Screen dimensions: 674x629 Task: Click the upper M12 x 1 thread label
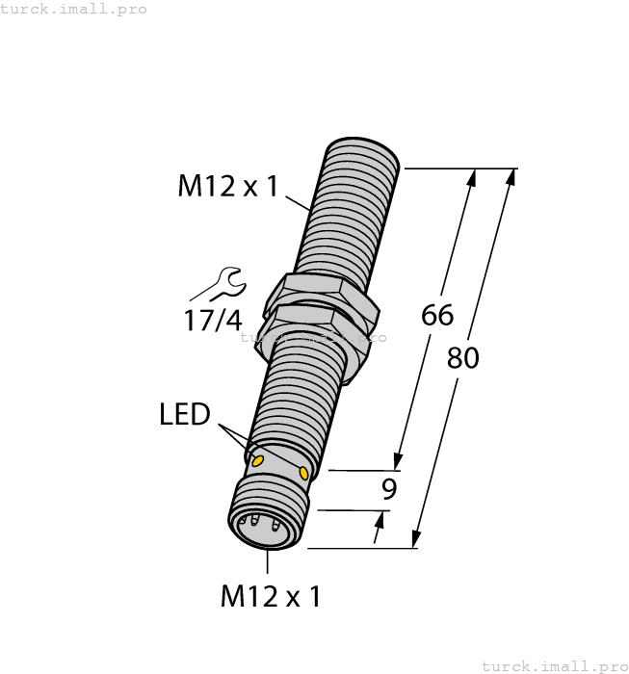click(x=226, y=185)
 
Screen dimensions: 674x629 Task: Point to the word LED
click(x=184, y=415)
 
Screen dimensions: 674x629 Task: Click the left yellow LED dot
click(x=257, y=462)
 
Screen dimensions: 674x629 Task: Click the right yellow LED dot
click(x=304, y=473)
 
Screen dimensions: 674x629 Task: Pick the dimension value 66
click(x=438, y=315)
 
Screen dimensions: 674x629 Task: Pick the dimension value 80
click(x=463, y=358)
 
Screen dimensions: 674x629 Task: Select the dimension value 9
click(x=389, y=489)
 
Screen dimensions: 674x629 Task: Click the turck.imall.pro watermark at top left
click(x=74, y=9)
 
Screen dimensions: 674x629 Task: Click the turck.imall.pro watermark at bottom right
click(x=553, y=665)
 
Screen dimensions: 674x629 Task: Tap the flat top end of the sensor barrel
click(x=363, y=149)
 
